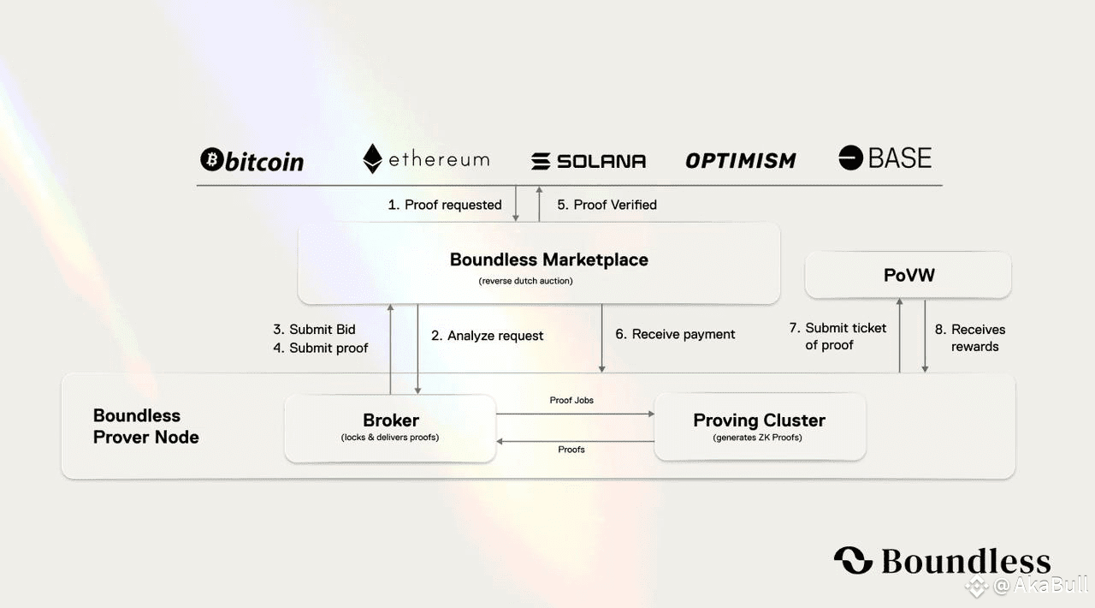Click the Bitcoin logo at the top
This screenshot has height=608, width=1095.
(x=252, y=160)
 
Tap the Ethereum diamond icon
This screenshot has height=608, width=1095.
(x=372, y=158)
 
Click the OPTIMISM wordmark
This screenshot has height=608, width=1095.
(x=741, y=161)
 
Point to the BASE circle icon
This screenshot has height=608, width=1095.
(x=850, y=158)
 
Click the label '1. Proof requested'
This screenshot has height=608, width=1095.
(x=445, y=205)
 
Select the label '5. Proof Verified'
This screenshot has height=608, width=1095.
(x=607, y=205)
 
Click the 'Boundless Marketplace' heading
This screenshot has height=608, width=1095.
(x=549, y=259)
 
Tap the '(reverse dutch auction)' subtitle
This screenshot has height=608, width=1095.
(x=525, y=281)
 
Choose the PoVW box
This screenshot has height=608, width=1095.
(x=909, y=275)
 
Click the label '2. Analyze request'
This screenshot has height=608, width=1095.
(x=487, y=336)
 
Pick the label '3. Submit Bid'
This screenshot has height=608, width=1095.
(x=314, y=330)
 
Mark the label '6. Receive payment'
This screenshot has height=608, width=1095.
(x=675, y=334)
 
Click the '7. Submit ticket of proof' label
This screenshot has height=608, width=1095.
(x=838, y=337)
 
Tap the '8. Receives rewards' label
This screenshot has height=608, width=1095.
(x=970, y=337)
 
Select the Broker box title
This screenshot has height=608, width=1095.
(x=391, y=420)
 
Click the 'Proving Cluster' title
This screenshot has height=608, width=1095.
(x=759, y=420)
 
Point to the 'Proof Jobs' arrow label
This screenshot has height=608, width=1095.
(x=571, y=401)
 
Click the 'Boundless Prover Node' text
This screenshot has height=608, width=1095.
(x=145, y=426)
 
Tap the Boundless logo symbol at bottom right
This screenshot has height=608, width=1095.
(x=854, y=560)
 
